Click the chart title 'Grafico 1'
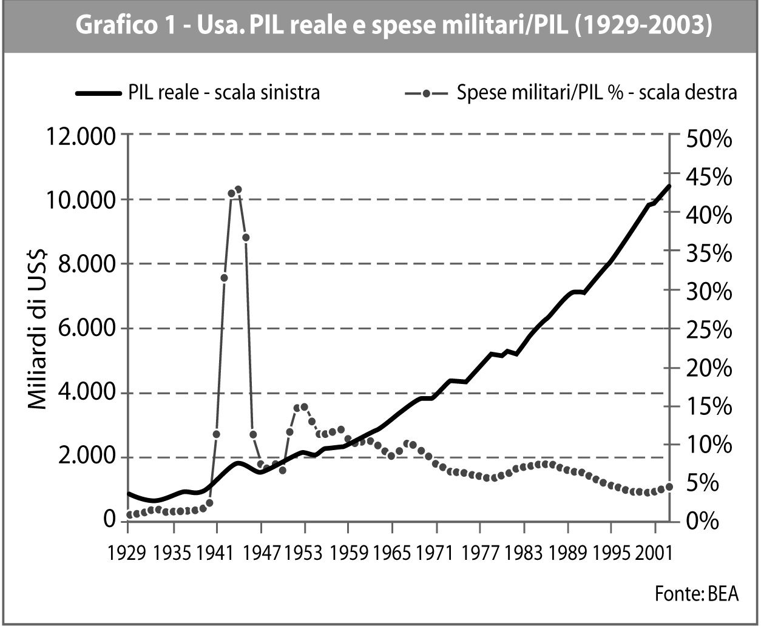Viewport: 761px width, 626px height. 393,27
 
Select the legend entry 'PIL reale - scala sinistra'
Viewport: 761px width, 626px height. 198,93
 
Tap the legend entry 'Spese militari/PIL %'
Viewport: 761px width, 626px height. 570,93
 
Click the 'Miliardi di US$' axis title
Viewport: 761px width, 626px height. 40,328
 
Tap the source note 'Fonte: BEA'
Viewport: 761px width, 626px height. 697,593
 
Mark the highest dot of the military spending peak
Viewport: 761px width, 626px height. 238,189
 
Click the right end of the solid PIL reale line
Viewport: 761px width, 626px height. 669,186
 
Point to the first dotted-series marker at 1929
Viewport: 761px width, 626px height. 129,515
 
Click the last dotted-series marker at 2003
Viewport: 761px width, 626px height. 669,486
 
